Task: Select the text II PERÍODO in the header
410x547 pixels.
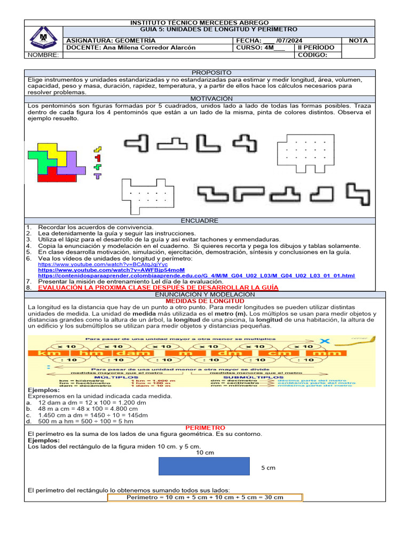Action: [316, 48]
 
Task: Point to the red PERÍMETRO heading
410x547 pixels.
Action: [205, 428]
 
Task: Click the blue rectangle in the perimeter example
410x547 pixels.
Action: [204, 466]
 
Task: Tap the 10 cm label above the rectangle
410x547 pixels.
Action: [205, 453]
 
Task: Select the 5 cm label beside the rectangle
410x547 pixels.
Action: [268, 468]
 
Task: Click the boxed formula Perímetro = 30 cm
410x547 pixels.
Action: [205, 497]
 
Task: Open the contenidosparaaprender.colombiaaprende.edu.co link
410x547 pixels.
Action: [196, 275]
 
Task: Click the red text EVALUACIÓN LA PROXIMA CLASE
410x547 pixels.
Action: [158, 287]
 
